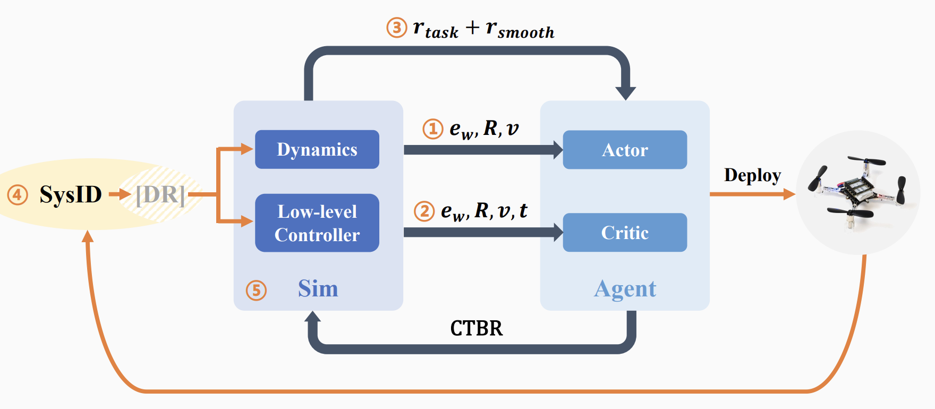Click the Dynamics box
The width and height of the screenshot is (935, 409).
(x=317, y=150)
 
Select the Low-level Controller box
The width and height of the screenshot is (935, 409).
(x=317, y=223)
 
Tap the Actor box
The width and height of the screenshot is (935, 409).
(x=625, y=150)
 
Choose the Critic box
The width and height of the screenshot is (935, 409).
(x=625, y=233)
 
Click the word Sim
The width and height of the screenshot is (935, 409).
(x=318, y=289)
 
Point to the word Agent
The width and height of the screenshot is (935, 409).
(x=625, y=289)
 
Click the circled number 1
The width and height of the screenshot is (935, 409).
(x=433, y=129)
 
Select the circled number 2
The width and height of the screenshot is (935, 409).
(x=424, y=211)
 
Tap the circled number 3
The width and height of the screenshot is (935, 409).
(x=396, y=27)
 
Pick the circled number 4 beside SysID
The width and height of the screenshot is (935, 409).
(x=18, y=195)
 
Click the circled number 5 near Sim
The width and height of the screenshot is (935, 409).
(x=256, y=291)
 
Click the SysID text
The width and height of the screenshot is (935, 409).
(x=71, y=195)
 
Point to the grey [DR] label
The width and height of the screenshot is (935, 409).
(x=160, y=195)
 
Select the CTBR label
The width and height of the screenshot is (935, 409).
(x=476, y=329)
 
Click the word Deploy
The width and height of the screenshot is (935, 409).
(x=752, y=175)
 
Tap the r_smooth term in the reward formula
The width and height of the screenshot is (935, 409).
(x=520, y=29)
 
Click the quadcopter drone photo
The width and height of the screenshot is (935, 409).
(x=857, y=192)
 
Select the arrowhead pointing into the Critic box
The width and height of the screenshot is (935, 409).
(x=558, y=233)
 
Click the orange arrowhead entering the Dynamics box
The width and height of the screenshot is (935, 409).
(x=248, y=149)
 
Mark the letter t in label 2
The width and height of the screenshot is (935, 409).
(x=523, y=211)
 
